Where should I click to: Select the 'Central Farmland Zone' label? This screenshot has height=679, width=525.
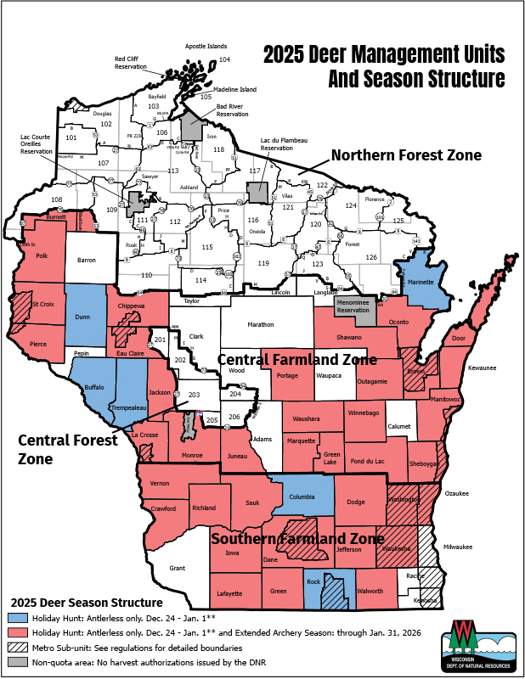click(297, 360)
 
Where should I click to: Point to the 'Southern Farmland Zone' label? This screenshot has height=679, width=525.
click(294, 539)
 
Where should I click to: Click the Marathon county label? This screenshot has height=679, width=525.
click(261, 324)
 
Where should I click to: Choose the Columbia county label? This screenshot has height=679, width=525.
click(307, 497)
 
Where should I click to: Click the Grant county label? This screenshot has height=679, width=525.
click(177, 567)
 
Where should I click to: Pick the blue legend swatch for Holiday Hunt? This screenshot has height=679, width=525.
click(17, 618)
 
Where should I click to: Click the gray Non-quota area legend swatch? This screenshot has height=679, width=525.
click(17, 661)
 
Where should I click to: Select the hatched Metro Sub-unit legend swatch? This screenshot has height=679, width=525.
click(17, 647)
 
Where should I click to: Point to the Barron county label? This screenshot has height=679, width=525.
click(86, 261)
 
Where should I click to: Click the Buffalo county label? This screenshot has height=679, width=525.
click(93, 387)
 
